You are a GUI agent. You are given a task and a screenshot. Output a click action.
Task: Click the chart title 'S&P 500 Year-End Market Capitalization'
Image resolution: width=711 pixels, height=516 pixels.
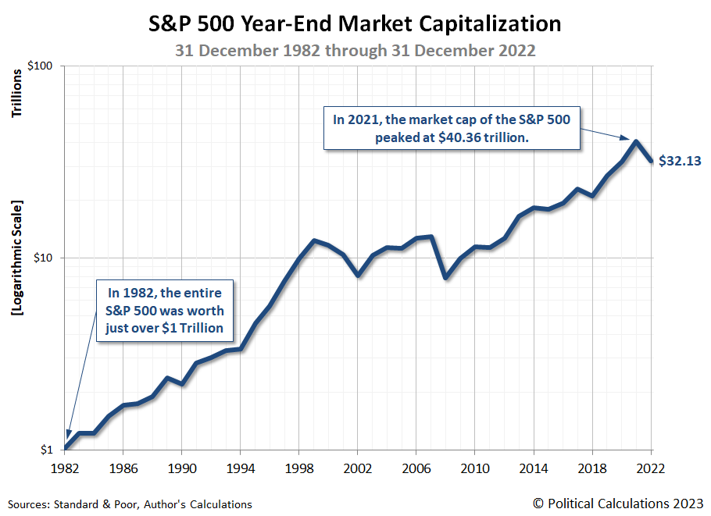pyautogui.click(x=355, y=24)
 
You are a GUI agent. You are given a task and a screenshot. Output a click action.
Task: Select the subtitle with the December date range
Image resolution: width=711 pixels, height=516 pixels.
pyautogui.click(x=355, y=50)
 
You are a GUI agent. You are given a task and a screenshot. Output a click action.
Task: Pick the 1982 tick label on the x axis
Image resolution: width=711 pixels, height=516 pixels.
pyautogui.click(x=65, y=470)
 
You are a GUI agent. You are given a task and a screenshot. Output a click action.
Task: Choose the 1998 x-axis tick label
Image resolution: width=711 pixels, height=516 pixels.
pyautogui.click(x=298, y=470)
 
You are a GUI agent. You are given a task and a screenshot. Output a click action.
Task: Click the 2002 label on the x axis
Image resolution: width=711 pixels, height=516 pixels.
pyautogui.click(x=357, y=470)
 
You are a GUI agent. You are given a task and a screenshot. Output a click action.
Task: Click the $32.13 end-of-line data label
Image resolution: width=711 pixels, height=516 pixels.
pyautogui.click(x=680, y=162)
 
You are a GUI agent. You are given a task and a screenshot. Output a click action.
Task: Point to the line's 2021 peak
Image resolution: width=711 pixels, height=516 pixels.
pyautogui.click(x=636, y=142)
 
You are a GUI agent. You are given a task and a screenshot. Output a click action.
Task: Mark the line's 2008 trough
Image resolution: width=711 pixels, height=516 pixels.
pyautogui.click(x=445, y=277)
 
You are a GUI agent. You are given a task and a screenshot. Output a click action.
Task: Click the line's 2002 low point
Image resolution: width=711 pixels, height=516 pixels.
pyautogui.click(x=357, y=275)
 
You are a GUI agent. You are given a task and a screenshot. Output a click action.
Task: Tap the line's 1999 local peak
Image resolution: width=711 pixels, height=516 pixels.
pyautogui.click(x=313, y=240)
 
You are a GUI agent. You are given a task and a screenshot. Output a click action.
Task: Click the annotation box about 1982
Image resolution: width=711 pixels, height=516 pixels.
pyautogui.click(x=165, y=310)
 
